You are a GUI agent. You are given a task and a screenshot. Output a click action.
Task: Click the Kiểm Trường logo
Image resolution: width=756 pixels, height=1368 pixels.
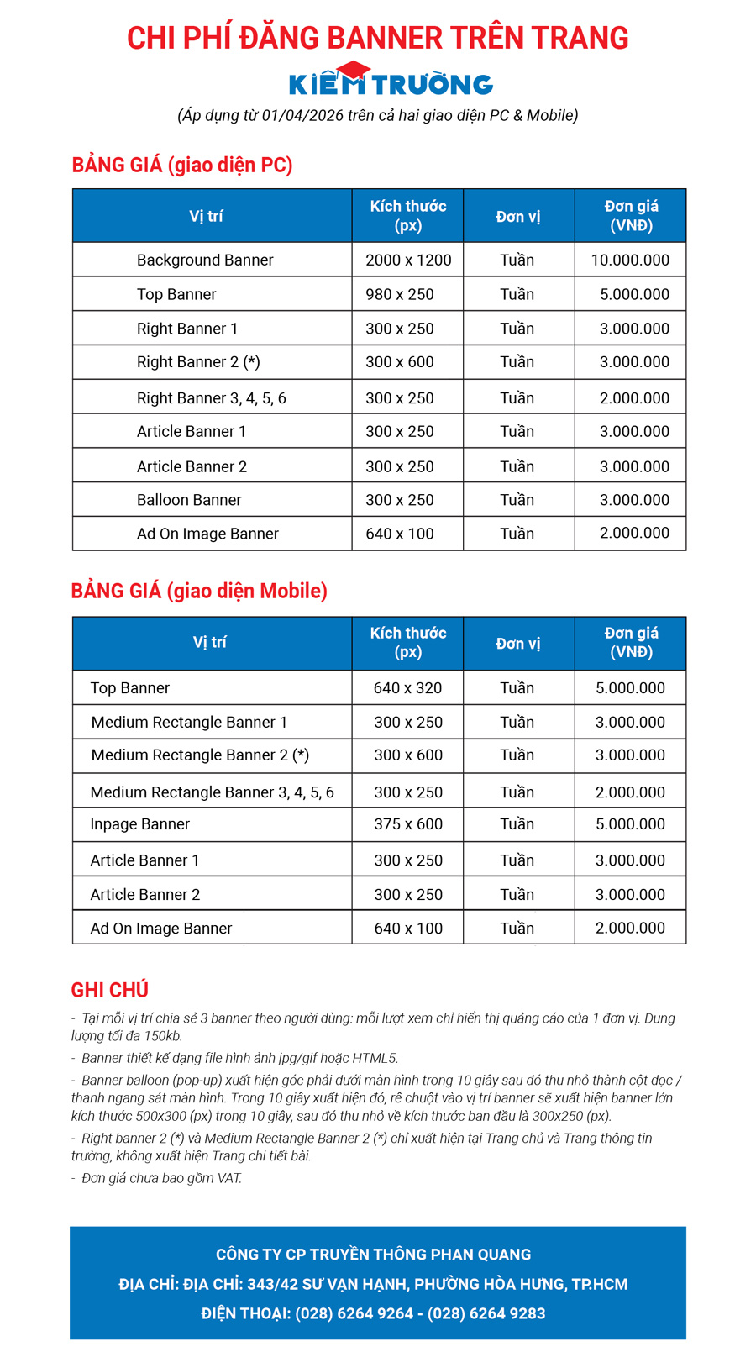tap(391, 82)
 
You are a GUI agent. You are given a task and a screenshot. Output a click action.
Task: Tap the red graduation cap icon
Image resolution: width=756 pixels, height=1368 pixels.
tap(353, 71)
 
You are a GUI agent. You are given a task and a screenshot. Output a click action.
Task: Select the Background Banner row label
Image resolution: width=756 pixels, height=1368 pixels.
tap(205, 260)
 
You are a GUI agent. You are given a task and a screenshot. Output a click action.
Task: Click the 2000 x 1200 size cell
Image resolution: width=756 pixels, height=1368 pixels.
tap(408, 260)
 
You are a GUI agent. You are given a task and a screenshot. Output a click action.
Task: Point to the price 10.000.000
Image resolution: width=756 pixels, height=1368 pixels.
tap(630, 260)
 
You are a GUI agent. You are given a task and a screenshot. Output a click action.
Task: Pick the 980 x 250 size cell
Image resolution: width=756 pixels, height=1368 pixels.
tap(400, 295)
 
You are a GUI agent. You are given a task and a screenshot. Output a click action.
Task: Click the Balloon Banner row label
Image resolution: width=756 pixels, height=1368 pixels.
tap(189, 500)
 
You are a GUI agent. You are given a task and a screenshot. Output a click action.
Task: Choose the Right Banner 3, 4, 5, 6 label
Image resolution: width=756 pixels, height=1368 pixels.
tap(212, 398)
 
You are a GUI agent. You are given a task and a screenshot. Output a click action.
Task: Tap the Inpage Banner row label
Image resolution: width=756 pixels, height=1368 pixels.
tap(140, 824)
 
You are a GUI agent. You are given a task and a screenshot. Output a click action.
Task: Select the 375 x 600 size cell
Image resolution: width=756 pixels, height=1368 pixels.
tap(408, 824)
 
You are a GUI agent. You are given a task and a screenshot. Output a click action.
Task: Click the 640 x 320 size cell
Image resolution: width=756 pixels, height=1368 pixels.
tap(408, 688)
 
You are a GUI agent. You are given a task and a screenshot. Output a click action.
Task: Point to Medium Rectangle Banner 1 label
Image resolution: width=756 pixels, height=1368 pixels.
tap(189, 723)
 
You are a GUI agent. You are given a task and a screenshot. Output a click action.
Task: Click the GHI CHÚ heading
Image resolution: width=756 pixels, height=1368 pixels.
tap(110, 990)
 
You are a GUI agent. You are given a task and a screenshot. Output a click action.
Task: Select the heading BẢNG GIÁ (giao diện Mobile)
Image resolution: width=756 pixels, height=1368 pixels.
tap(199, 591)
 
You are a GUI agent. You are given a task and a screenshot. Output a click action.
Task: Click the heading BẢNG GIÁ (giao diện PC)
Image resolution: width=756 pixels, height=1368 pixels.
tap(182, 165)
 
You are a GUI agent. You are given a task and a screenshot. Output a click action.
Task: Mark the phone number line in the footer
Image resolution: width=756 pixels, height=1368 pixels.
tap(374, 1313)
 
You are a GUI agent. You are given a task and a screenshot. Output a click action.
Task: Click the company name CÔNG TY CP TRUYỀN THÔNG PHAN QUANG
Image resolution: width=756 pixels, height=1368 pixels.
tap(374, 1255)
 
